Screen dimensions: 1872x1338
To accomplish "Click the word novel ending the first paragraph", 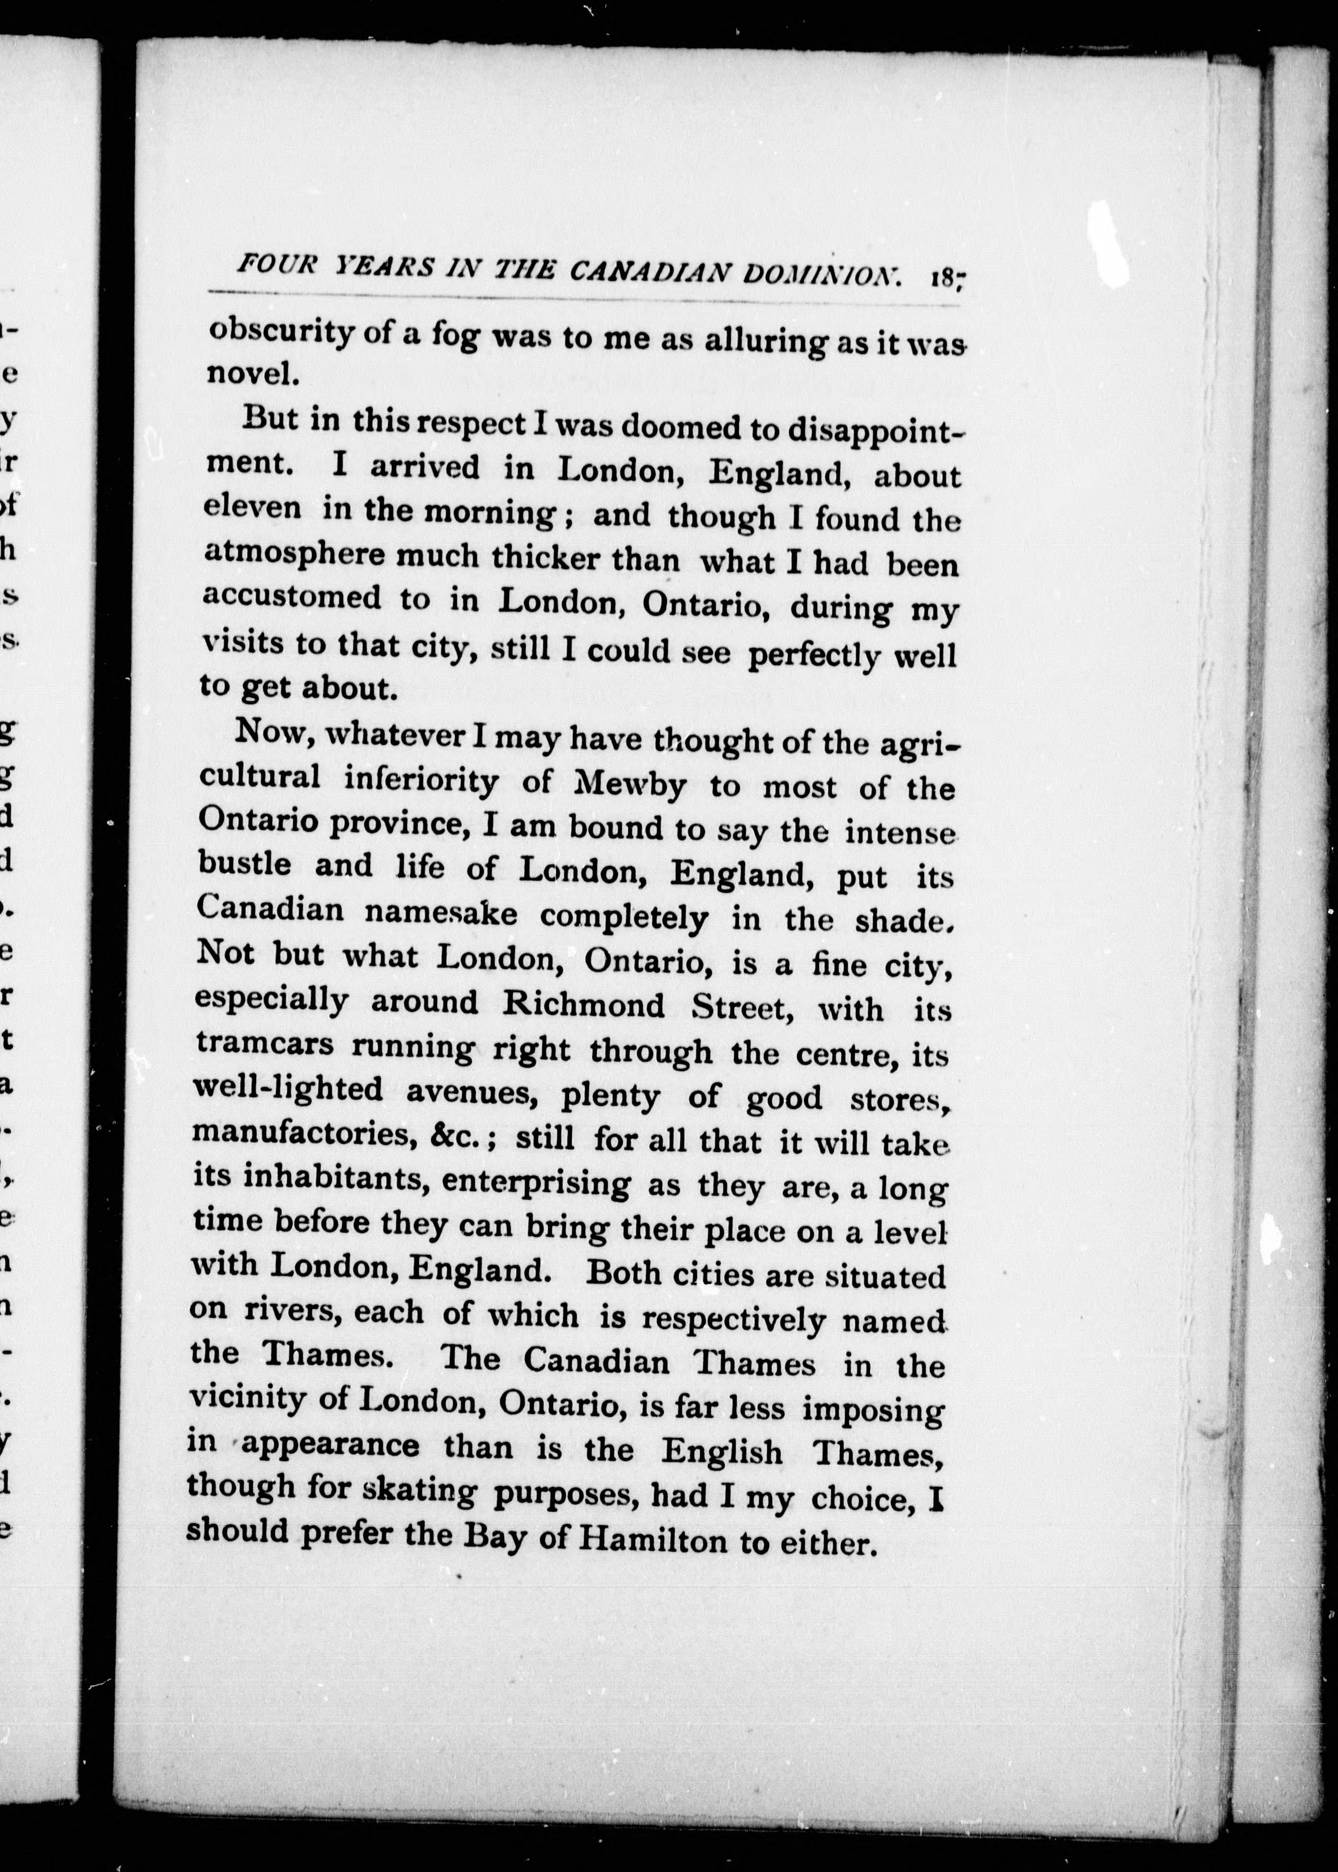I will [249, 374].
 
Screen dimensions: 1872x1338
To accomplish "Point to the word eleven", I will [252, 507].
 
